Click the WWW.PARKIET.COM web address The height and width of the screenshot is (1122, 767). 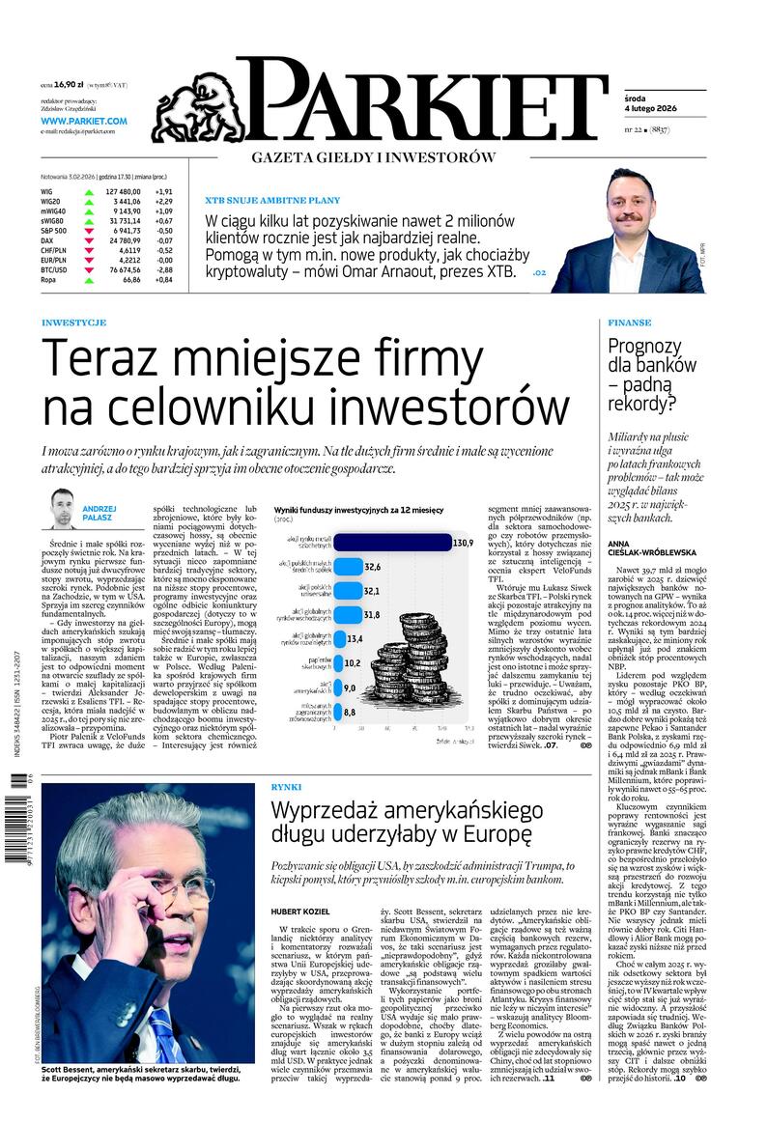(84, 121)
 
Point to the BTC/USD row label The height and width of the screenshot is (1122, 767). (54, 270)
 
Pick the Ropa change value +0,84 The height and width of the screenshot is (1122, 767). (161, 280)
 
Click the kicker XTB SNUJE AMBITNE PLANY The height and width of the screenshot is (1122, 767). (272, 200)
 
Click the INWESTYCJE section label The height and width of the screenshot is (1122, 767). (74, 323)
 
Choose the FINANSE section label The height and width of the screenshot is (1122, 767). (629, 323)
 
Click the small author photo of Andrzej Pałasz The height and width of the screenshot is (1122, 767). (63, 508)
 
